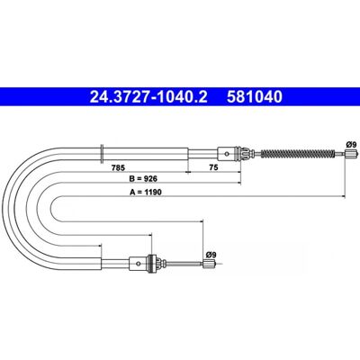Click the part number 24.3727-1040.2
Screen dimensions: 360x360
point(148,97)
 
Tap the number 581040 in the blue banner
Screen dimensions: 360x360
point(255,97)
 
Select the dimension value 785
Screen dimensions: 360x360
point(118,167)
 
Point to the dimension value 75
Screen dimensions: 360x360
point(213,167)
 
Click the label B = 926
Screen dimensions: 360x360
point(143,179)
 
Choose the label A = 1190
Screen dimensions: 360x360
point(146,193)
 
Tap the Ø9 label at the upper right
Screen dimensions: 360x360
point(351,144)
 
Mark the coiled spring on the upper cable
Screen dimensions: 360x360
point(297,154)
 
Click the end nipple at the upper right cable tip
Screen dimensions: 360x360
point(351,154)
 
